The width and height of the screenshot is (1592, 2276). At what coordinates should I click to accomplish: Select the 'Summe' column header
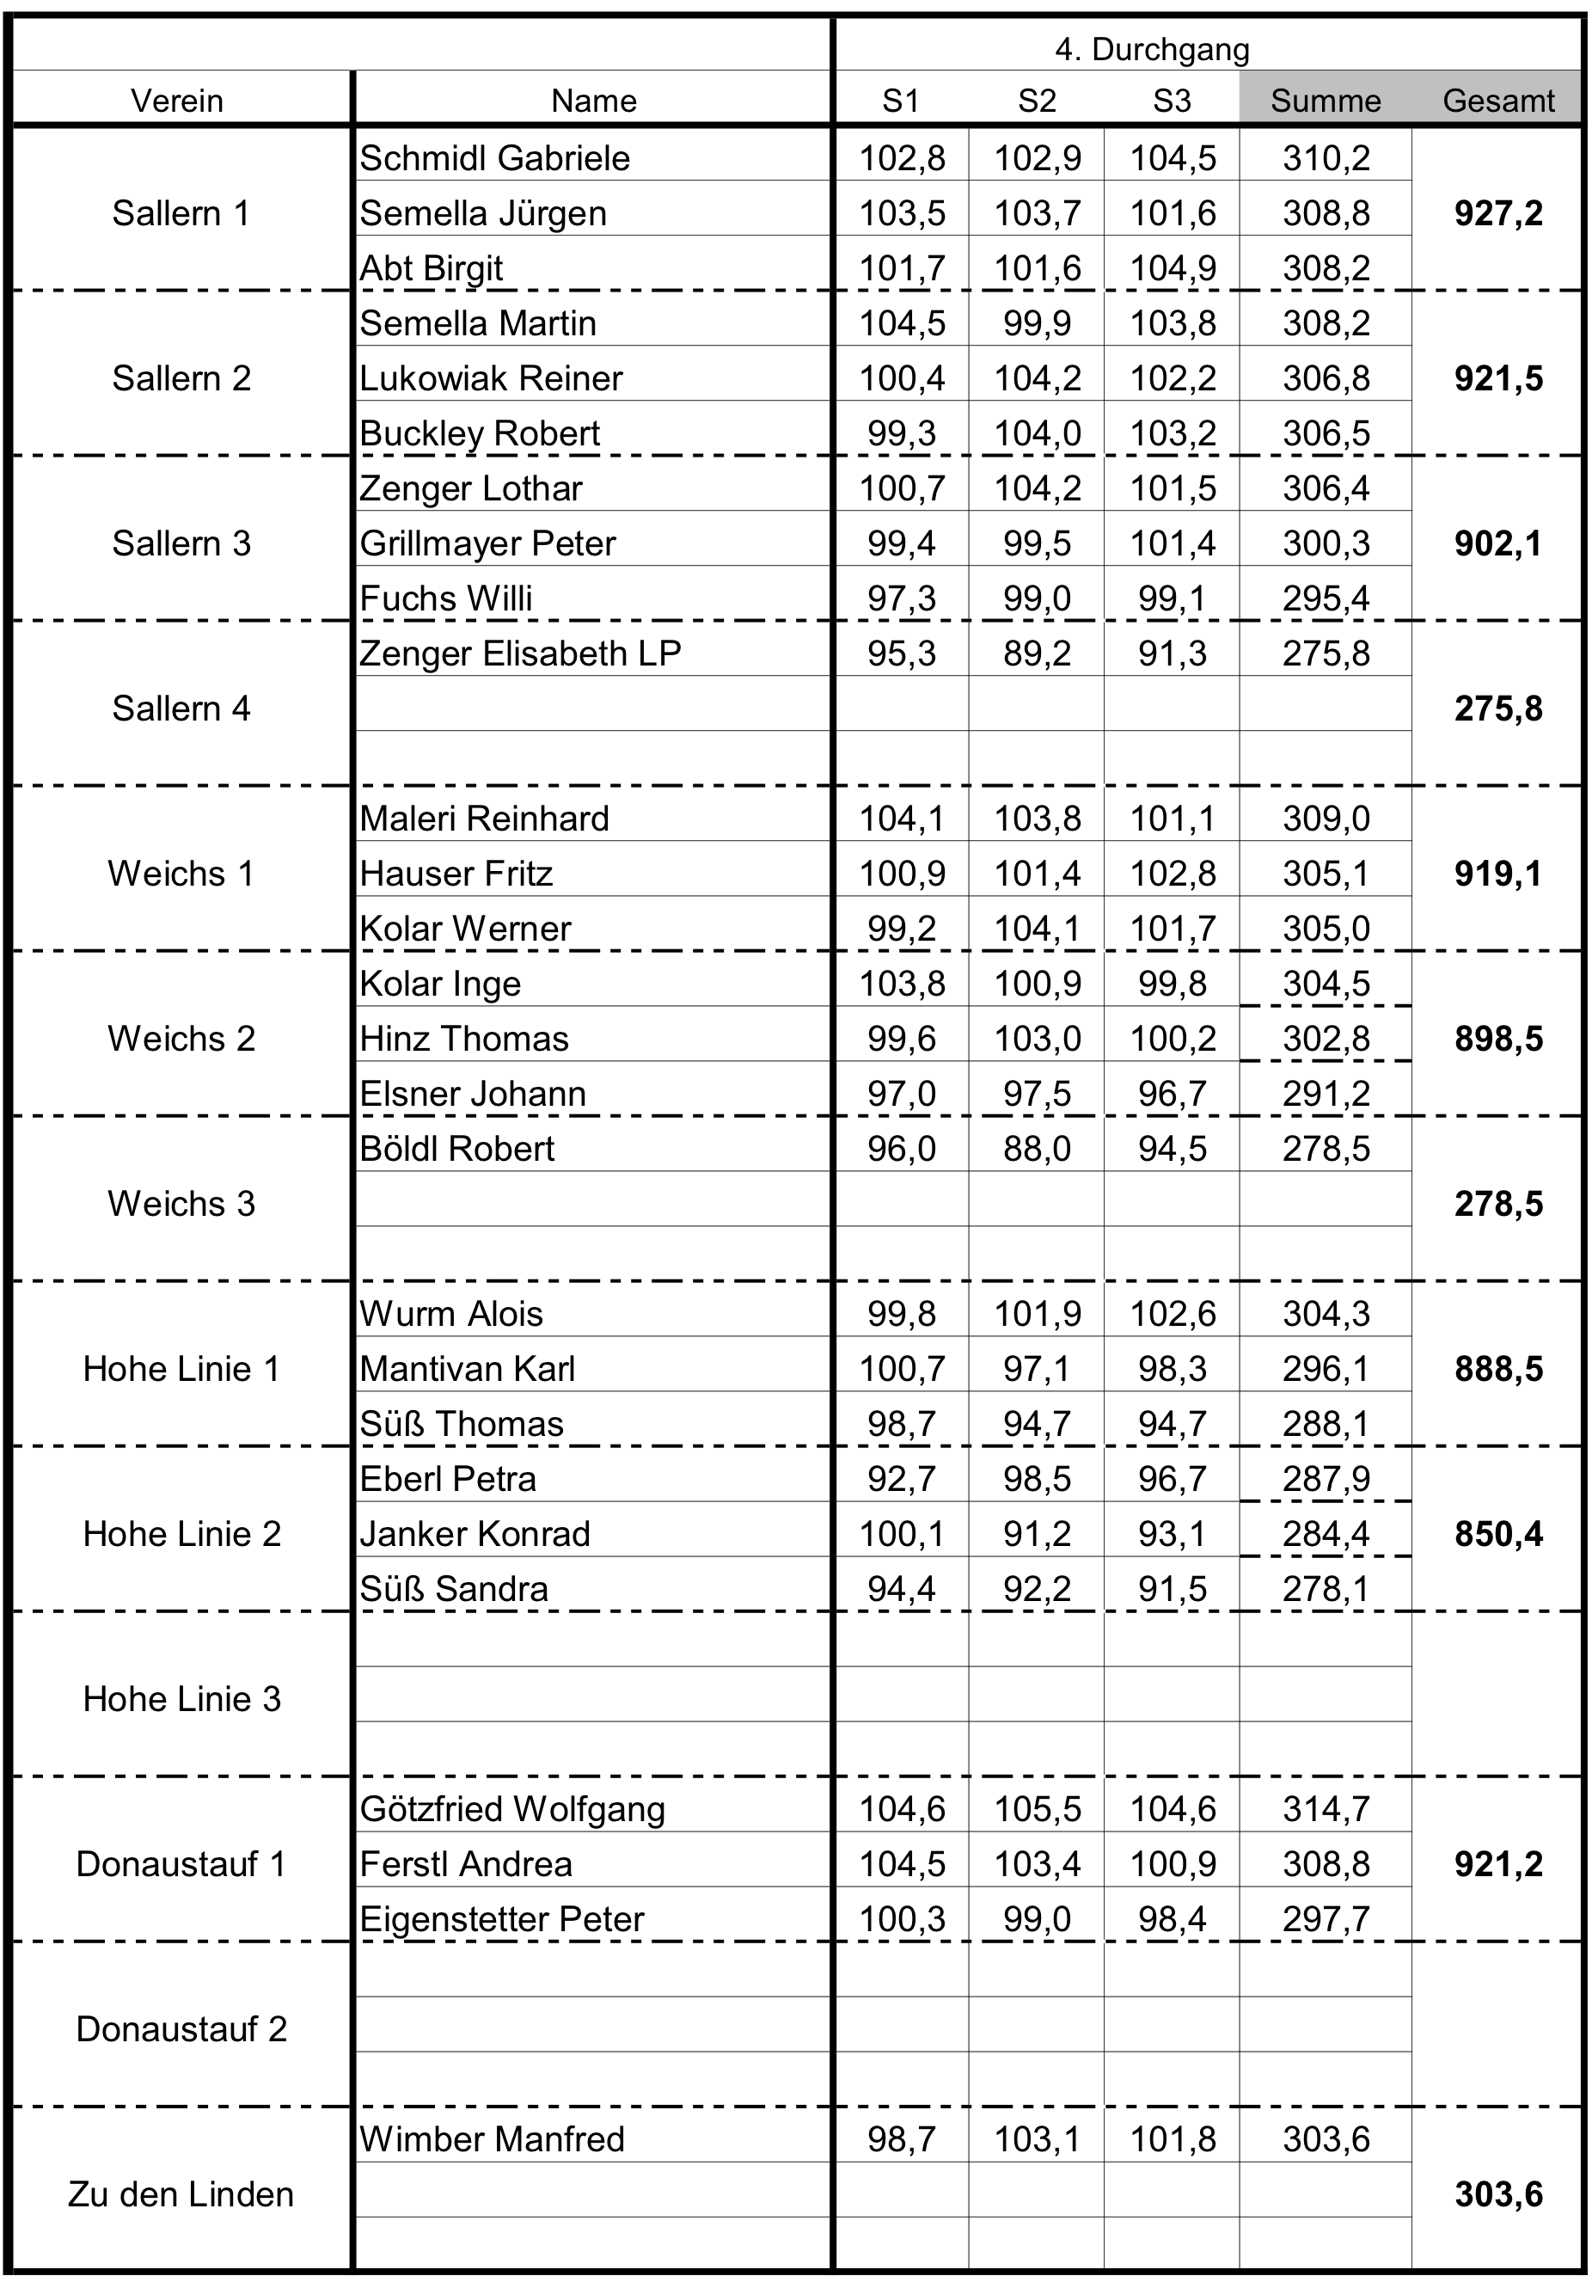click(x=1326, y=100)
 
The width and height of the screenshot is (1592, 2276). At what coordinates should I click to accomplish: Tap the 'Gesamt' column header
click(x=1497, y=100)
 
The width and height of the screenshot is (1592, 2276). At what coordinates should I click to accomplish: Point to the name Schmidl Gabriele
click(x=494, y=157)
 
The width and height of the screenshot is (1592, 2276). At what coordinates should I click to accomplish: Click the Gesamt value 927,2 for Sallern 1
click(x=1497, y=213)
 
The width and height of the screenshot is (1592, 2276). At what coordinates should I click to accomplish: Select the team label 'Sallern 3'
click(x=181, y=543)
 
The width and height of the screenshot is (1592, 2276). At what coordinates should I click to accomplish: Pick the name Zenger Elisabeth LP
click(x=520, y=653)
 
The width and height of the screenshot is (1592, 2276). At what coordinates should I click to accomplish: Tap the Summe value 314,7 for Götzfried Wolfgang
click(x=1326, y=1809)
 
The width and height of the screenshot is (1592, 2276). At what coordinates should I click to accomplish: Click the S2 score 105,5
click(x=1037, y=1809)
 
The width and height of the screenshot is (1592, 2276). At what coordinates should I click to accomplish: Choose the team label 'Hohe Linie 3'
click(x=181, y=1699)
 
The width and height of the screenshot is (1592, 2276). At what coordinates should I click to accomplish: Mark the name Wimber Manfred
click(x=492, y=2139)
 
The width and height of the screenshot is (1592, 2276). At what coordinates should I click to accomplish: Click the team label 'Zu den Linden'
click(x=181, y=2194)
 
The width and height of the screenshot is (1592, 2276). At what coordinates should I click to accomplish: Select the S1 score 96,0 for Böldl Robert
click(x=901, y=1148)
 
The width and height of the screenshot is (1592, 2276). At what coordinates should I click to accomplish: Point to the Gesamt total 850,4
click(x=1497, y=1533)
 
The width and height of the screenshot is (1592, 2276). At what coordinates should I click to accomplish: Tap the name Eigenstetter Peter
click(x=502, y=1919)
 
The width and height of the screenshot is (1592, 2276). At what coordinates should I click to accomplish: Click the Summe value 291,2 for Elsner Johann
click(x=1326, y=1094)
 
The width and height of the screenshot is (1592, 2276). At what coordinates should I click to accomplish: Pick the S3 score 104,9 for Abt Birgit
click(x=1173, y=267)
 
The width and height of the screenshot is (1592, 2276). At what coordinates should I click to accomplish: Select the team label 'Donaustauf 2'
click(x=181, y=2029)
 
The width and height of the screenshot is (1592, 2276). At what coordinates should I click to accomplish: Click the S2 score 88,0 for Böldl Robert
click(x=1037, y=1148)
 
